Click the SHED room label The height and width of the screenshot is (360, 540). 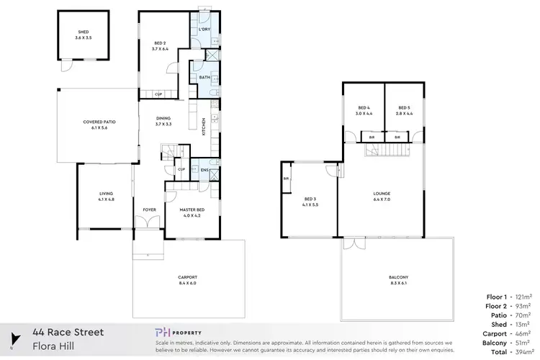click(x=83, y=33)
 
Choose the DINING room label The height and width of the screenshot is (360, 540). click(x=163, y=120)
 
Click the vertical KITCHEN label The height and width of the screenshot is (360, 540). click(x=203, y=127)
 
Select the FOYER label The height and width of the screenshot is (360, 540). click(x=149, y=210)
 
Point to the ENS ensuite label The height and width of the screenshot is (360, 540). click(x=204, y=170)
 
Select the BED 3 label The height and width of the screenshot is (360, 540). click(x=310, y=202)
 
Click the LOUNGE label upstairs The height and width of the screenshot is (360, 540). click(x=381, y=194)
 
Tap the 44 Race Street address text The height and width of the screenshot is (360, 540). click(x=68, y=333)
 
